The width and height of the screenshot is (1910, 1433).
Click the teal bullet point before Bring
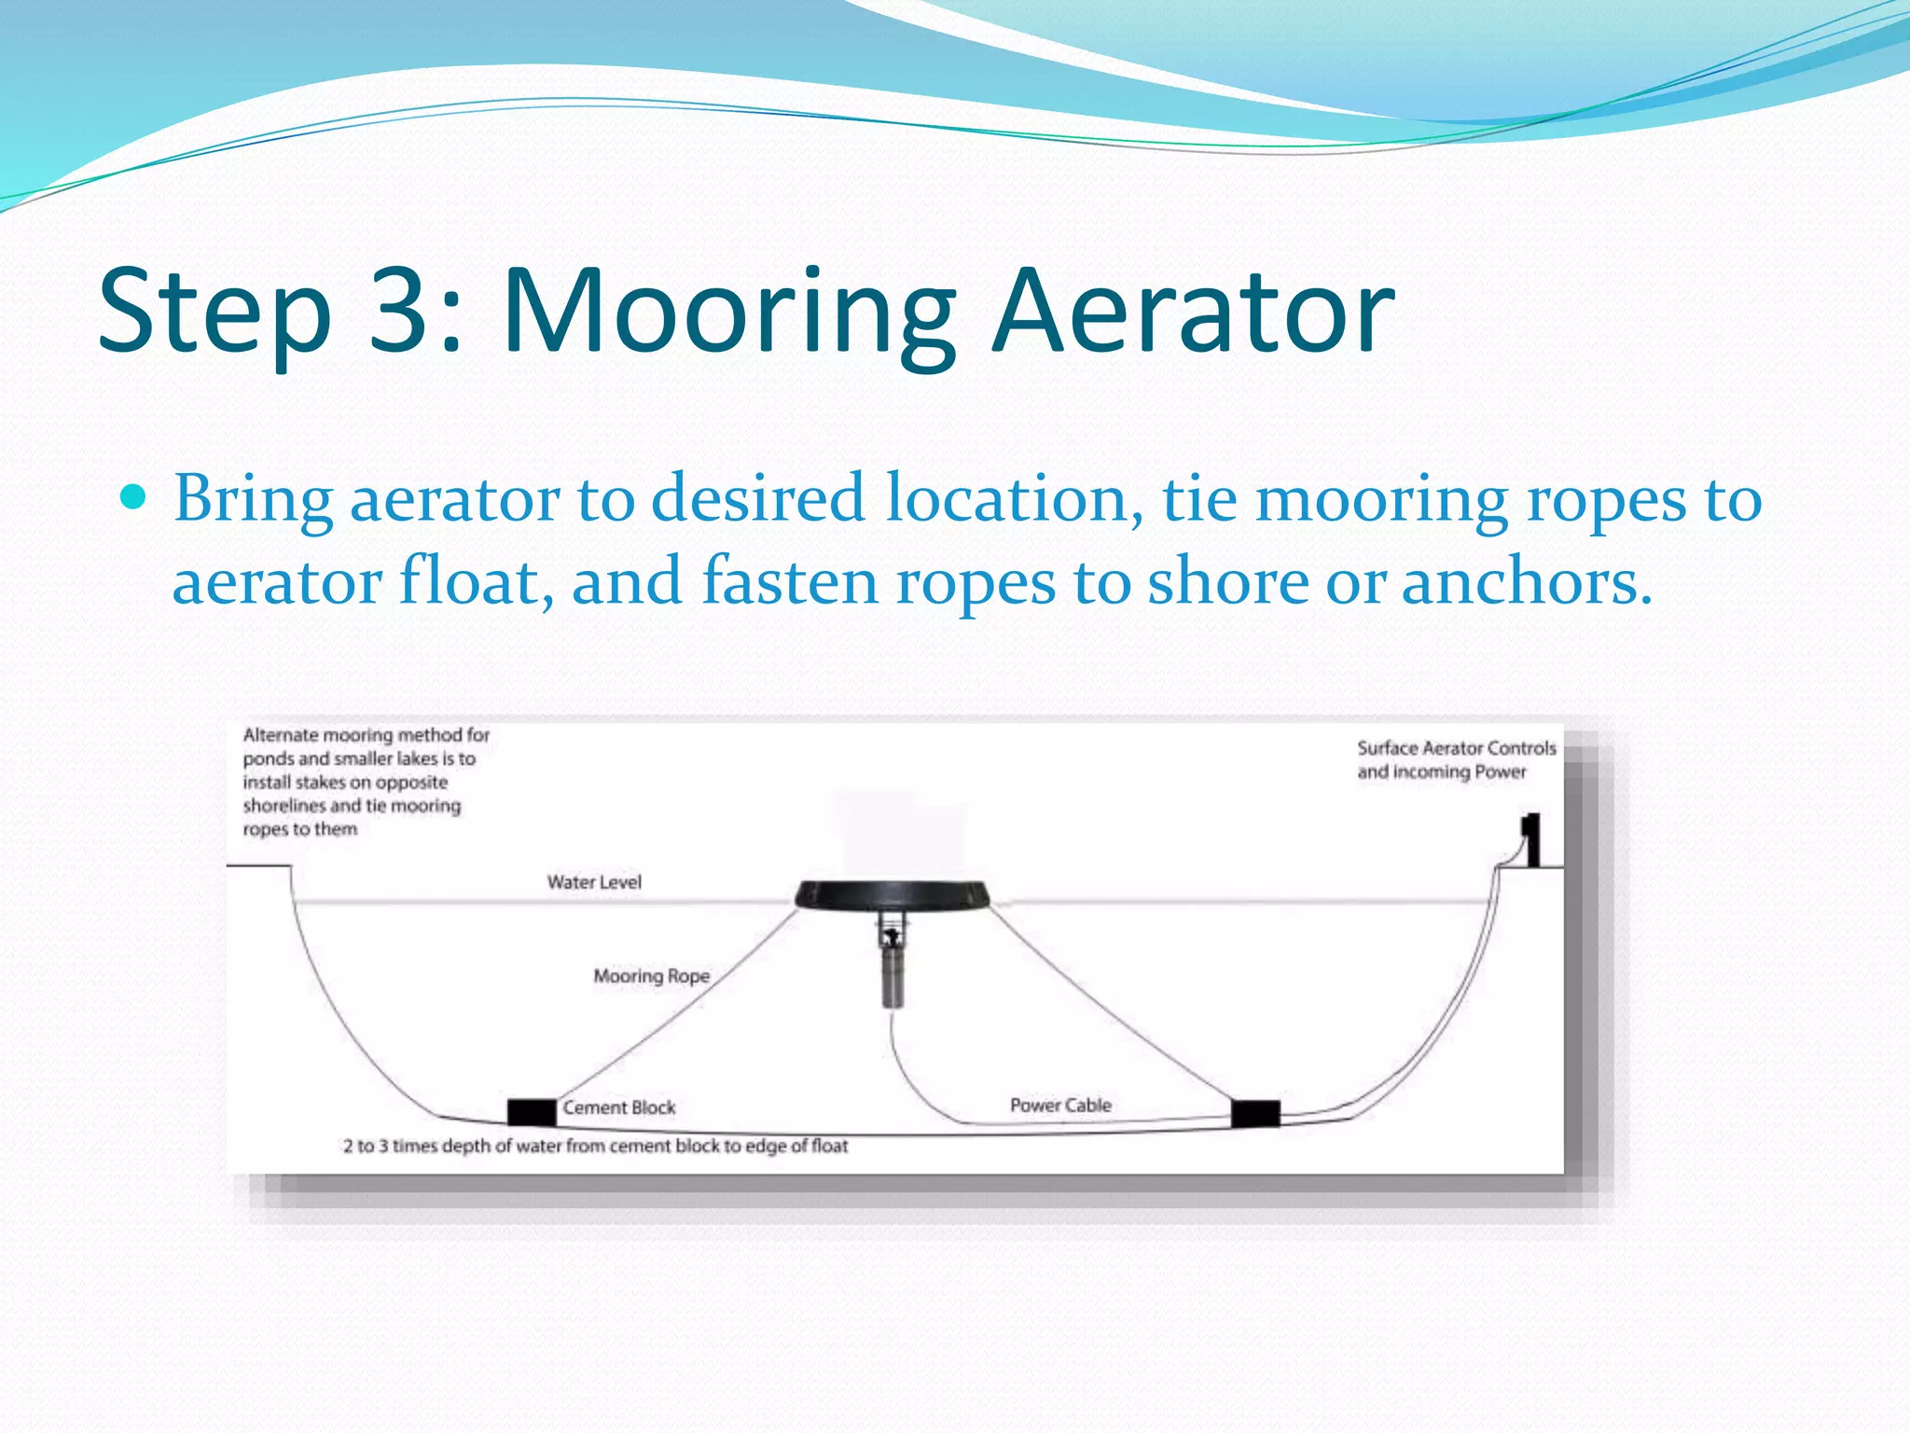[134, 497]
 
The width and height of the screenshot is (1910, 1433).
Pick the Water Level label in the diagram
[594, 882]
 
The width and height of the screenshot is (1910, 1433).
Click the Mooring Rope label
[652, 976]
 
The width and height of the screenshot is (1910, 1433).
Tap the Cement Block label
[619, 1107]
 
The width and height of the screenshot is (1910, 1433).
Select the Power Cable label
[1060, 1106]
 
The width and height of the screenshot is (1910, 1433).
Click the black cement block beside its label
[531, 1111]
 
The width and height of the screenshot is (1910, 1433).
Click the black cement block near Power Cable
[1255, 1113]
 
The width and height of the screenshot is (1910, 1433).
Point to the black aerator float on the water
[893, 895]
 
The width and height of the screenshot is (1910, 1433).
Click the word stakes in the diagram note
[313, 783]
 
